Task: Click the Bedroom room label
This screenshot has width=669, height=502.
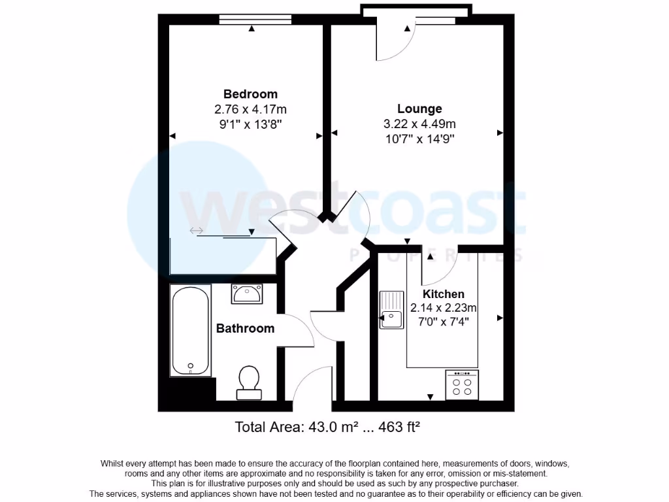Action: pos(250,94)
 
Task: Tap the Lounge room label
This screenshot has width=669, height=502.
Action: pos(419,109)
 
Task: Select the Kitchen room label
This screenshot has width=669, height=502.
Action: pos(443,294)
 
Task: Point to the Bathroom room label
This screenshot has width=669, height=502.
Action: pos(245,328)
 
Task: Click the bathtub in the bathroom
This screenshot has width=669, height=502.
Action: pos(190,331)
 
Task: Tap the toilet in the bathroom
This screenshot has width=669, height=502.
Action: pos(248,382)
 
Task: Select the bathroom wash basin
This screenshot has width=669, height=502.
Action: pos(247,293)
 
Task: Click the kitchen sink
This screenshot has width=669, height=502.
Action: pos(392,310)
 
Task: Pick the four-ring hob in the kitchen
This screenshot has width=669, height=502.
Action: pos(462,385)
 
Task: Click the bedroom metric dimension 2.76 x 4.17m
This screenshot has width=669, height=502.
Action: pos(250,109)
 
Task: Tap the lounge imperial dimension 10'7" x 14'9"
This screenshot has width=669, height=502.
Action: pos(419,139)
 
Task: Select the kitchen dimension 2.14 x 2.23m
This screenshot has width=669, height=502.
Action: pos(444,308)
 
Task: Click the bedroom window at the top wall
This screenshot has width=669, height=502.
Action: pos(255,19)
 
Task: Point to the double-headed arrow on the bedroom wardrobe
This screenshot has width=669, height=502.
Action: pos(196,231)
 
